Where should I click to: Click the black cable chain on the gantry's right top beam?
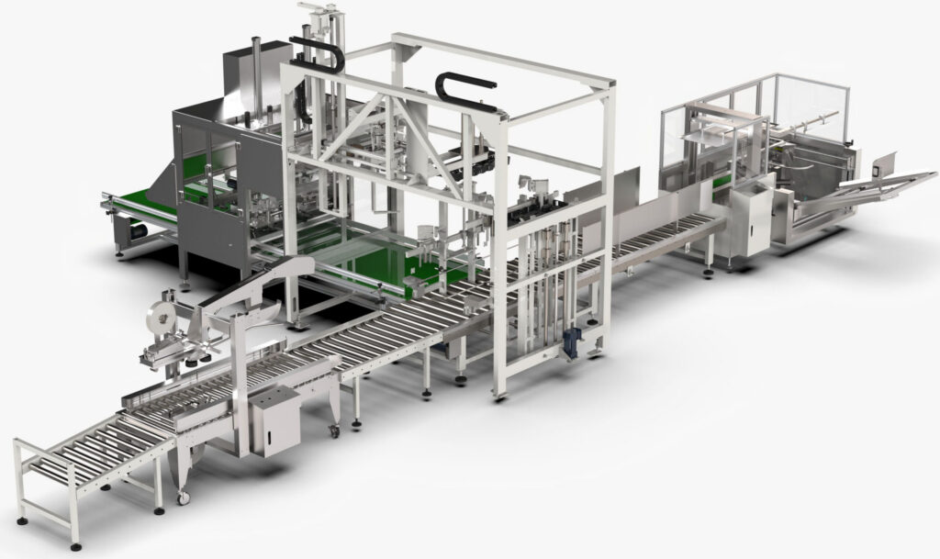458,89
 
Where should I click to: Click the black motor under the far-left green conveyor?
139,233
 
